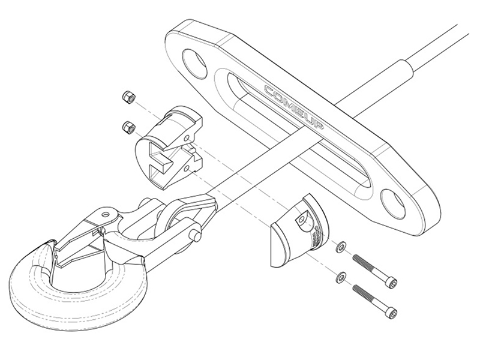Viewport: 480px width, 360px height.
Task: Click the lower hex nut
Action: (128, 127)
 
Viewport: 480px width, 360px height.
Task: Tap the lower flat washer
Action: (341, 278)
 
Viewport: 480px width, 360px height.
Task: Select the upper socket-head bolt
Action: (375, 271)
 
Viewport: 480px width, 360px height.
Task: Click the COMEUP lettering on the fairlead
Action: (294, 108)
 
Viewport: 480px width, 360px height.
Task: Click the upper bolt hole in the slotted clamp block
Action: (187, 139)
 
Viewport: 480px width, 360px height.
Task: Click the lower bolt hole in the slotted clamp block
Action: (187, 169)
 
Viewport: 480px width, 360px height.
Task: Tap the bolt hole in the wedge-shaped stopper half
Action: (302, 219)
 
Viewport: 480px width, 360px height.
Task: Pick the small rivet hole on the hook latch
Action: (106, 214)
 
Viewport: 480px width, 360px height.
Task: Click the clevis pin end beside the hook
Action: (196, 235)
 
